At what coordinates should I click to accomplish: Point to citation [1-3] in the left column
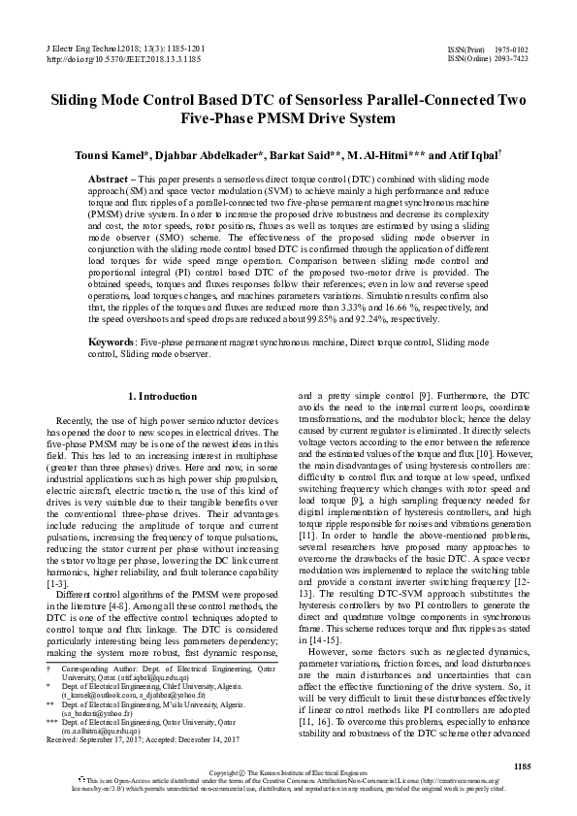[x=58, y=582]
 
